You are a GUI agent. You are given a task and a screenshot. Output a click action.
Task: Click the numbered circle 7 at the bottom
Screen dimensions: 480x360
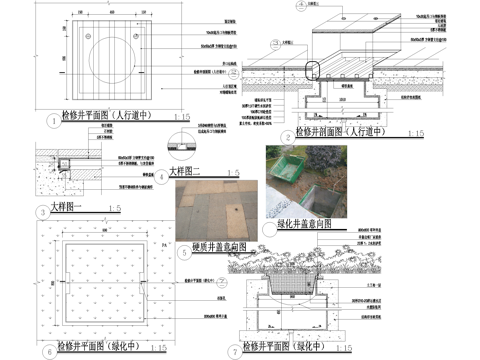(234, 351)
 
